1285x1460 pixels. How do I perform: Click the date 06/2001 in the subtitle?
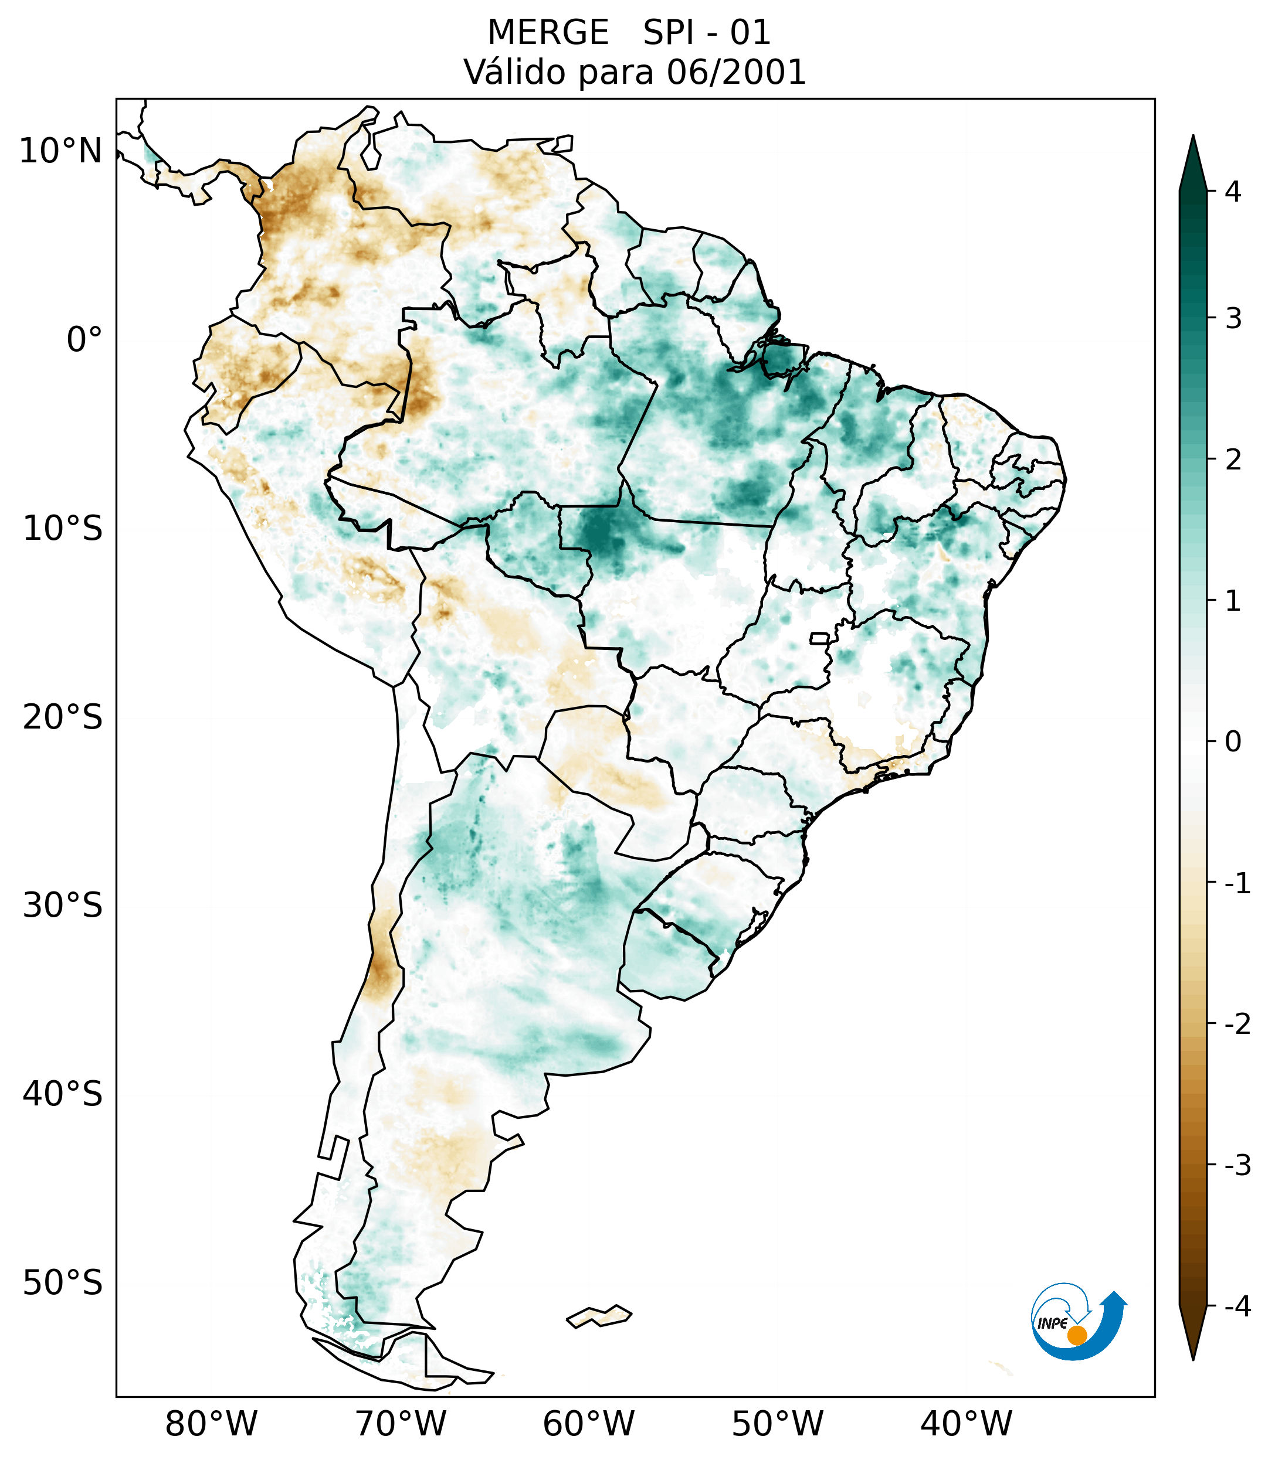coord(736,72)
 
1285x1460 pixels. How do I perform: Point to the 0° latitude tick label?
coord(84,339)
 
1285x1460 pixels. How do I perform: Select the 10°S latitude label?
coord(63,529)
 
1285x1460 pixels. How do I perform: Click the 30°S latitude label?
coord(63,906)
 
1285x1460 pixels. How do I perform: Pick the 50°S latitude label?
coord(63,1283)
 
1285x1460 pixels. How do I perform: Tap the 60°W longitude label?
coord(588,1424)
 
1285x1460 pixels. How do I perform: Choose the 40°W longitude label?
coord(967,1424)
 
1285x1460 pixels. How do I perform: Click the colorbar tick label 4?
coord(1233,192)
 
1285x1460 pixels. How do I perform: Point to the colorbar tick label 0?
coord(1233,742)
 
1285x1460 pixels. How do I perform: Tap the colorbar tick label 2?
coord(1233,460)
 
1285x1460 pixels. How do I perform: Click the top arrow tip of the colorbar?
coord(1193,140)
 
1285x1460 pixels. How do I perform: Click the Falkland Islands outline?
coord(599,1316)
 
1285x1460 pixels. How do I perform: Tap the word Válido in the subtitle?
coord(516,72)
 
